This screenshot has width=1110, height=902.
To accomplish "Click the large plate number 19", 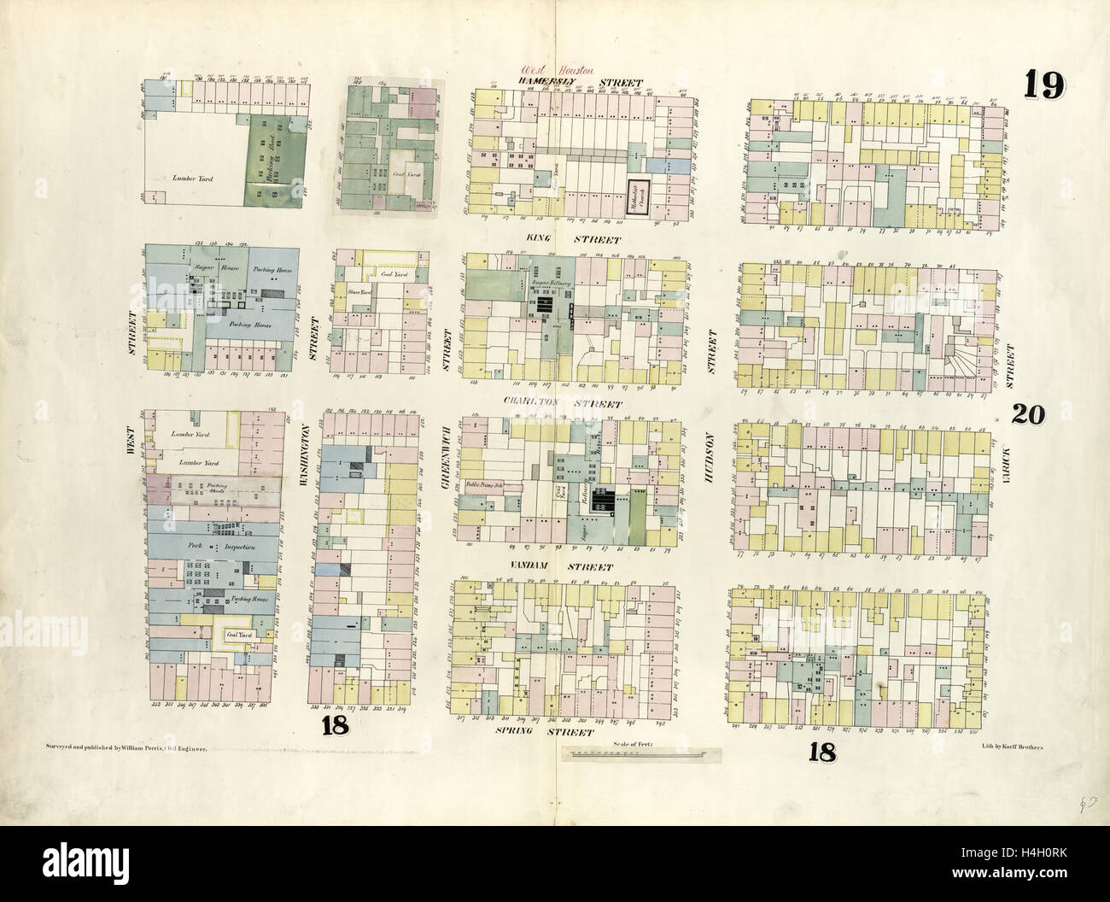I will click(x=1044, y=85).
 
